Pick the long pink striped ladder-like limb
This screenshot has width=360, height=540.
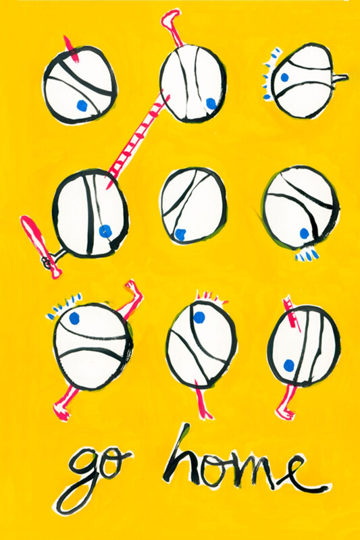[138, 138]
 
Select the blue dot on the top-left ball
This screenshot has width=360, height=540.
[82, 106]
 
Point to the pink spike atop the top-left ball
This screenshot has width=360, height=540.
[71, 49]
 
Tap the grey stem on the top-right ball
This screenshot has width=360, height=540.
[340, 78]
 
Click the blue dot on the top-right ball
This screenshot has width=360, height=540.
[284, 78]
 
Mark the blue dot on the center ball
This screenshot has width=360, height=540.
[180, 234]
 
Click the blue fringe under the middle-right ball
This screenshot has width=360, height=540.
[307, 255]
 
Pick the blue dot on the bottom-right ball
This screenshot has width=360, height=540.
[288, 364]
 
